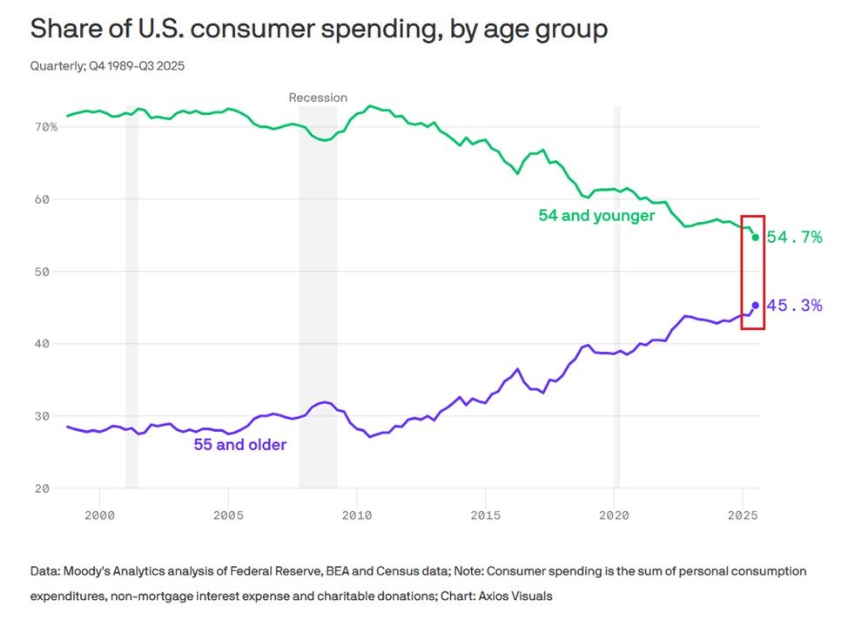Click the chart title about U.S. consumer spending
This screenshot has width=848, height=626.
pyautogui.click(x=319, y=29)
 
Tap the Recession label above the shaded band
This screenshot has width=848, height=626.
pyautogui.click(x=318, y=98)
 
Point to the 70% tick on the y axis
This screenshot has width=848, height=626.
pyautogui.click(x=46, y=127)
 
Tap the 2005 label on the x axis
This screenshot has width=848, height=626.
pyautogui.click(x=228, y=516)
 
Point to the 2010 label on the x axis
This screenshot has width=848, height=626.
pyautogui.click(x=356, y=516)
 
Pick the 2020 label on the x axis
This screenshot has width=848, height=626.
pyautogui.click(x=614, y=516)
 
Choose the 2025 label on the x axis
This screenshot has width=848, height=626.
pyautogui.click(x=742, y=516)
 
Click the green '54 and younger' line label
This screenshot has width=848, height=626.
pyautogui.click(x=596, y=216)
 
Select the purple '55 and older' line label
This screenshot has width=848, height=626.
pyautogui.click(x=240, y=445)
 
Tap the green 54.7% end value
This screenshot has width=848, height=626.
pyautogui.click(x=794, y=237)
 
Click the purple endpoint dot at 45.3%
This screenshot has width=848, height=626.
pyautogui.click(x=756, y=306)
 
